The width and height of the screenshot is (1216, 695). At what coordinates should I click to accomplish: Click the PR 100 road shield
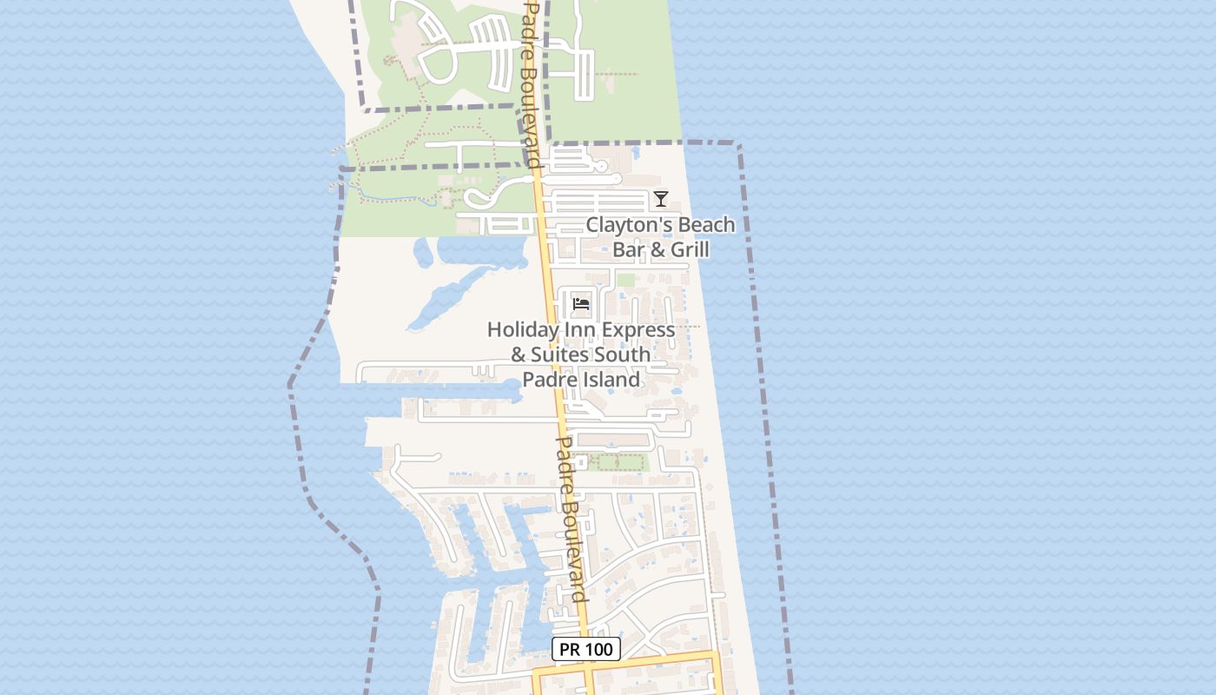point(586,649)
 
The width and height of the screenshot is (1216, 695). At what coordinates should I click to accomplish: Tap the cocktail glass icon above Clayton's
point(661,199)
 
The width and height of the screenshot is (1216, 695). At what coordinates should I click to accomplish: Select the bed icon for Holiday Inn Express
point(581,304)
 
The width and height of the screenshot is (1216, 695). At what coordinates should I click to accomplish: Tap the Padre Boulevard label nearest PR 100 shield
point(570,519)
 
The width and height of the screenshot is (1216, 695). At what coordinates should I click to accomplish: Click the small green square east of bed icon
point(625,281)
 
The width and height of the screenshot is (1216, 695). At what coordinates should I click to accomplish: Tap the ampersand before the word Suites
point(519,354)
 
